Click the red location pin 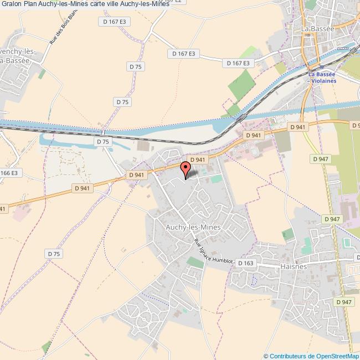point(185,168)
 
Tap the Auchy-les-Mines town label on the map point(193,228)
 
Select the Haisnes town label point(293,266)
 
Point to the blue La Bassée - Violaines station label point(322,77)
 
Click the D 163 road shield point(245,263)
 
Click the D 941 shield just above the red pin point(198,160)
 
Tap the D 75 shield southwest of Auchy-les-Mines point(53,254)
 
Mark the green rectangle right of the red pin point(215,179)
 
